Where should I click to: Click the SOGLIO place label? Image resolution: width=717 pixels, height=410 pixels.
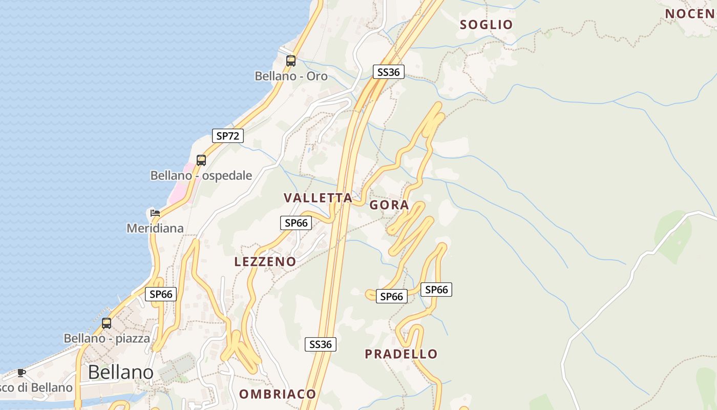486,25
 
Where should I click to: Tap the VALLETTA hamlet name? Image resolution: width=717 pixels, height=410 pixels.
318,198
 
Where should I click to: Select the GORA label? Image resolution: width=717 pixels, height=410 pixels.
389,205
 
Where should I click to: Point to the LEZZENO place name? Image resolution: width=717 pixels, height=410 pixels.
265,261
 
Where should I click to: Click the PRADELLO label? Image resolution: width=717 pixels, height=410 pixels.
401,354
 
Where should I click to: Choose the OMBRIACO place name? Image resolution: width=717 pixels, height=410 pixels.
278,394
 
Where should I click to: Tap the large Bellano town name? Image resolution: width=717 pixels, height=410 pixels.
121,372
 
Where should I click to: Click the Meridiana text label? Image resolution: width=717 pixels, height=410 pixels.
155,228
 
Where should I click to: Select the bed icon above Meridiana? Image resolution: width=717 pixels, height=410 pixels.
155,213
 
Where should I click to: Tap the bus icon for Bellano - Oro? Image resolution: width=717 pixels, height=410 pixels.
291,61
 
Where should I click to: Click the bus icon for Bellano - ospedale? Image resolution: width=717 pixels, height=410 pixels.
201,160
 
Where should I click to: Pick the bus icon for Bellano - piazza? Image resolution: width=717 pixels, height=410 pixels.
107,323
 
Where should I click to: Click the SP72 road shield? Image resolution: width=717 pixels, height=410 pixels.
228,136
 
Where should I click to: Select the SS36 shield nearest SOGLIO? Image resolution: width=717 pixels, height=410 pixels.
388,72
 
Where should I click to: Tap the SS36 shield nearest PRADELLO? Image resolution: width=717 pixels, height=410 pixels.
321,344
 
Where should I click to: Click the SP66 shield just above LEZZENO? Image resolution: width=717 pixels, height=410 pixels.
296,222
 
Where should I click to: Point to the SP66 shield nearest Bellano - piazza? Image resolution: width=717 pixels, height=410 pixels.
161,294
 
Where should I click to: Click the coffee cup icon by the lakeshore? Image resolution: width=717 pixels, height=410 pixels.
21,373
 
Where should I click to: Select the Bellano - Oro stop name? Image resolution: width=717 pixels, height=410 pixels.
291,76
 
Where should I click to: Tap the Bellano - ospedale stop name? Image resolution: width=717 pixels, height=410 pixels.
201,176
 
